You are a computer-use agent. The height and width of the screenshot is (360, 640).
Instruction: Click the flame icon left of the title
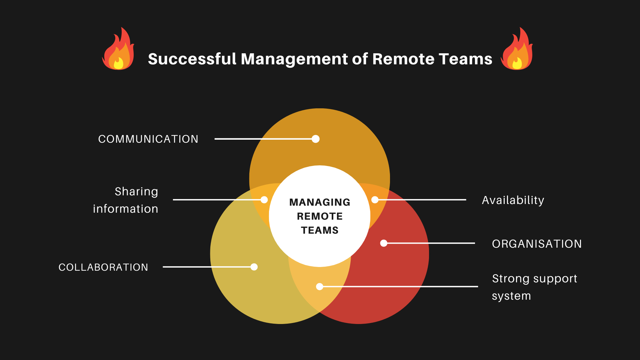(118, 49)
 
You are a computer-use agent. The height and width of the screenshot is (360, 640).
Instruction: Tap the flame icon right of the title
(517, 49)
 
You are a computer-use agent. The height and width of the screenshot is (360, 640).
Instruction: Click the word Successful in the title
(192, 59)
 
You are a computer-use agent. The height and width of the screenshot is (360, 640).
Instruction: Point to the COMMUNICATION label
(148, 139)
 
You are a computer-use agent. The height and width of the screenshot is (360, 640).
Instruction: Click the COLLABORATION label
(103, 267)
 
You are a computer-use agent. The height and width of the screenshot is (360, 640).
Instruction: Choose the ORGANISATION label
(537, 244)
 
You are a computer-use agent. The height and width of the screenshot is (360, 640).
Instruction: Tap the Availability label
(513, 200)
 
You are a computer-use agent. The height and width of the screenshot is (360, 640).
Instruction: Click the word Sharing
(136, 192)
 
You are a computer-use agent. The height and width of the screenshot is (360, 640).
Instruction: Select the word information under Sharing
(126, 209)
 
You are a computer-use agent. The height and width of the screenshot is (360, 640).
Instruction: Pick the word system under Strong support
(511, 296)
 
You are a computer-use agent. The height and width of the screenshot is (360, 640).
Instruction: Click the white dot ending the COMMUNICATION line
(316, 139)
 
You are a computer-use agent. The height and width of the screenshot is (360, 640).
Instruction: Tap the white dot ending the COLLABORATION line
(254, 267)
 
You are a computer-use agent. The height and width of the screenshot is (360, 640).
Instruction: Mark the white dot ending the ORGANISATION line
(384, 243)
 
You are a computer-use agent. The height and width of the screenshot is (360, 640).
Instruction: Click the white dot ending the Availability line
(375, 200)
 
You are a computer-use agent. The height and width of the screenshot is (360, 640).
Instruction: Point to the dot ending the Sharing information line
(264, 200)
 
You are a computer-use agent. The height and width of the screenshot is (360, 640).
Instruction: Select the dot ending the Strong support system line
(320, 286)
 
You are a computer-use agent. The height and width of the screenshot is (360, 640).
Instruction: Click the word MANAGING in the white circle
(320, 202)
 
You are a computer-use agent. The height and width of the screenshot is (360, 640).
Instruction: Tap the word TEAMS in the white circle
(320, 230)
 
